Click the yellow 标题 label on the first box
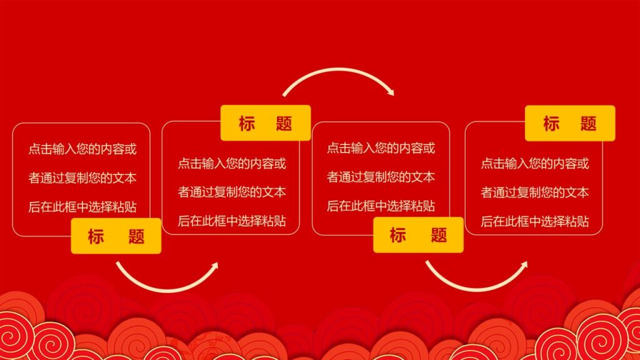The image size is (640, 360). [x=116, y=236]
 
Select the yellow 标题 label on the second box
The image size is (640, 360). [x=266, y=123]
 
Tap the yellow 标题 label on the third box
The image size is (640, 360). [x=418, y=235]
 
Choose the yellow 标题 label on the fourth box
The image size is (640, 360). [x=570, y=123]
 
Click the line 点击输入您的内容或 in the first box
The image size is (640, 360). [x=82, y=149]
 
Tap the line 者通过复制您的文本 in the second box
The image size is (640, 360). [x=232, y=192]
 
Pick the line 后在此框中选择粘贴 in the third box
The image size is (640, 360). [x=381, y=206]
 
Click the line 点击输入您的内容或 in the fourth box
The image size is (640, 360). [x=535, y=164]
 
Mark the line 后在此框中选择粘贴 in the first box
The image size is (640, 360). [x=82, y=206]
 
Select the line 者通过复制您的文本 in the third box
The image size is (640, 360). [x=381, y=177]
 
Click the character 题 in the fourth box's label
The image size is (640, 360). [x=588, y=123]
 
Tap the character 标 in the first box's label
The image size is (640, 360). [x=96, y=236]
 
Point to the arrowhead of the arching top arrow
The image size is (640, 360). [x=391, y=92]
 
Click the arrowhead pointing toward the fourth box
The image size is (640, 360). [x=523, y=265]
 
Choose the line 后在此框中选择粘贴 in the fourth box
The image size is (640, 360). [x=535, y=221]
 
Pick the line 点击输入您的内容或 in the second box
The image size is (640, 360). [x=232, y=164]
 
